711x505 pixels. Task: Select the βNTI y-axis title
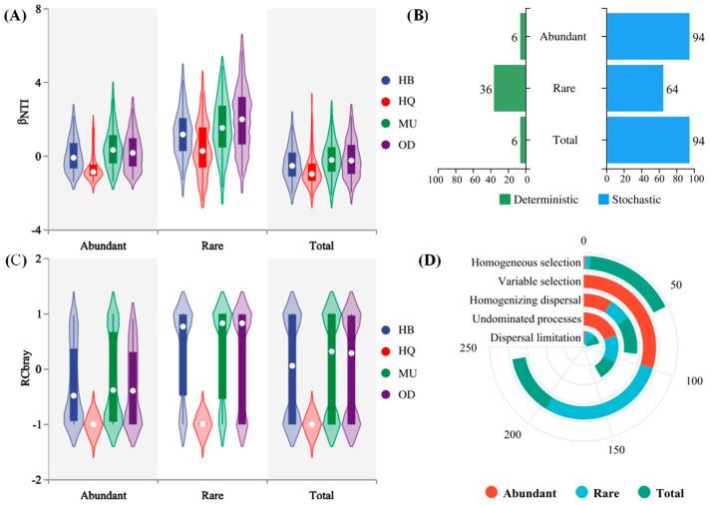click(13, 118)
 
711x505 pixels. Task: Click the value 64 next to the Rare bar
click(674, 88)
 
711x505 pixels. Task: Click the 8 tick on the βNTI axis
click(37, 9)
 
